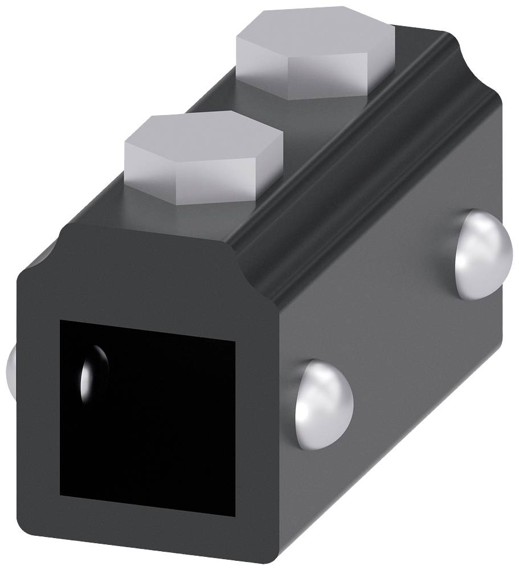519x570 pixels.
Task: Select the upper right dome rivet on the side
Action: (483, 254)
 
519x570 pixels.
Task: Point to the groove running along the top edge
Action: (365, 160)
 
